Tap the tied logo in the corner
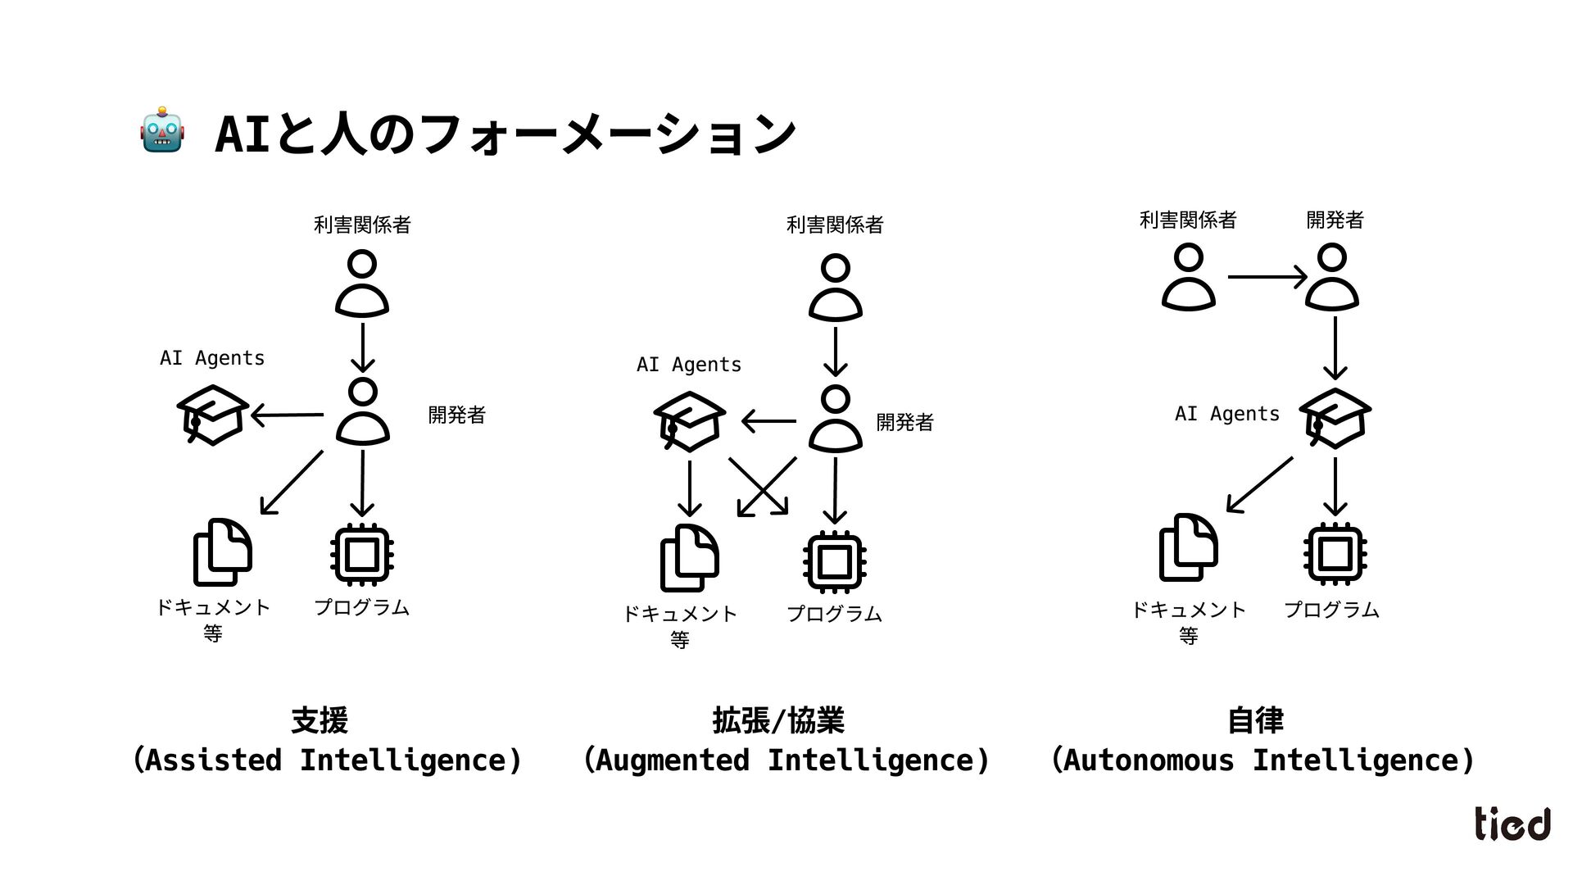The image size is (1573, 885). pyautogui.click(x=1512, y=824)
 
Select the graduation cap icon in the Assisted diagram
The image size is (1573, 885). pyautogui.click(x=213, y=415)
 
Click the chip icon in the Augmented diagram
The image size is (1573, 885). pyautogui.click(x=835, y=561)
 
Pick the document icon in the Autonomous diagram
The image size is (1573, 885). pyautogui.click(x=1188, y=547)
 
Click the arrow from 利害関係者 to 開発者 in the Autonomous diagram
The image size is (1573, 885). pyautogui.click(x=1267, y=278)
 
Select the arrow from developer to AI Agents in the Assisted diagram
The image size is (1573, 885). pyautogui.click(x=287, y=415)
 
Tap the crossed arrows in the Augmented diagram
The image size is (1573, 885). pyautogui.click(x=763, y=487)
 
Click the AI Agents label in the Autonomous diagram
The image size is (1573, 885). pyautogui.click(x=1226, y=414)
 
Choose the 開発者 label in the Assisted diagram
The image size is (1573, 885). pyautogui.click(x=456, y=415)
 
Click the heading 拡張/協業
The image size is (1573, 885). pyautogui.click(x=778, y=720)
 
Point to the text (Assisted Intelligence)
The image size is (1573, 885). pyautogui.click(x=327, y=760)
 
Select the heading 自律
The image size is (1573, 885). pyautogui.click(x=1255, y=720)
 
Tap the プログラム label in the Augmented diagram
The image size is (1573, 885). pyautogui.click(x=834, y=614)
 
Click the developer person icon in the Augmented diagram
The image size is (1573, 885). pyautogui.click(x=835, y=419)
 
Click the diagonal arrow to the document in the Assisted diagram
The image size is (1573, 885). pyautogui.click(x=291, y=483)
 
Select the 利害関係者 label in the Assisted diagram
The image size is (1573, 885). pyautogui.click(x=362, y=225)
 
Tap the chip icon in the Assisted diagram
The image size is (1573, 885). pyautogui.click(x=362, y=555)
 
